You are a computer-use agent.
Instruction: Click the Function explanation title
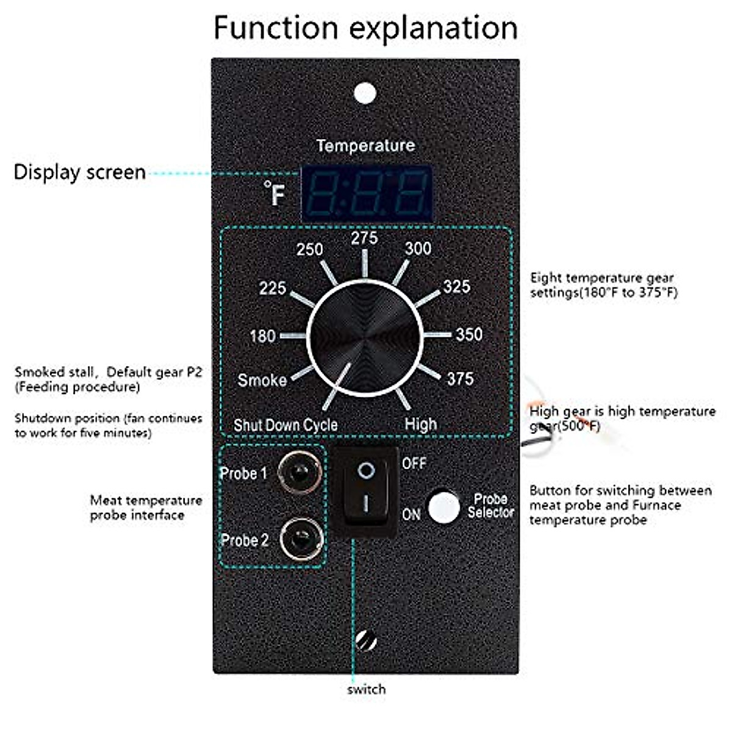pyautogui.click(x=365, y=28)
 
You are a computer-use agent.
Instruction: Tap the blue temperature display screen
pyautogui.click(x=367, y=192)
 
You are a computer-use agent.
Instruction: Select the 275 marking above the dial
pyautogui.click(x=364, y=238)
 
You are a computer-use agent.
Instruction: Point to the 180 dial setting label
pyautogui.click(x=263, y=335)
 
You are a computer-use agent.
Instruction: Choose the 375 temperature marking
pyautogui.click(x=460, y=379)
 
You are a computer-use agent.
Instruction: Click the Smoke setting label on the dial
pyautogui.click(x=262, y=380)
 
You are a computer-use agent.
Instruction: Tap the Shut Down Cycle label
pyautogui.click(x=285, y=425)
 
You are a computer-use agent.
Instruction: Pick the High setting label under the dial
pyautogui.click(x=421, y=424)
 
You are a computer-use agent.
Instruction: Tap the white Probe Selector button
pyautogui.click(x=443, y=506)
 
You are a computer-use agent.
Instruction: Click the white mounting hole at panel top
pyautogui.click(x=365, y=94)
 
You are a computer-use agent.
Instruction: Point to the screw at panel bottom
pyautogui.click(x=365, y=642)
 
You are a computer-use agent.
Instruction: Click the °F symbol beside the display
pyautogui.click(x=275, y=193)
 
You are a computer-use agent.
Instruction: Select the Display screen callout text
pyautogui.click(x=79, y=172)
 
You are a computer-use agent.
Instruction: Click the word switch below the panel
pyautogui.click(x=366, y=689)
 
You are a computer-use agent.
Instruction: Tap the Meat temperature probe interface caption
pyautogui.click(x=146, y=508)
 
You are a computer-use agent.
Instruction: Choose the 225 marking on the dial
pyautogui.click(x=273, y=287)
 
